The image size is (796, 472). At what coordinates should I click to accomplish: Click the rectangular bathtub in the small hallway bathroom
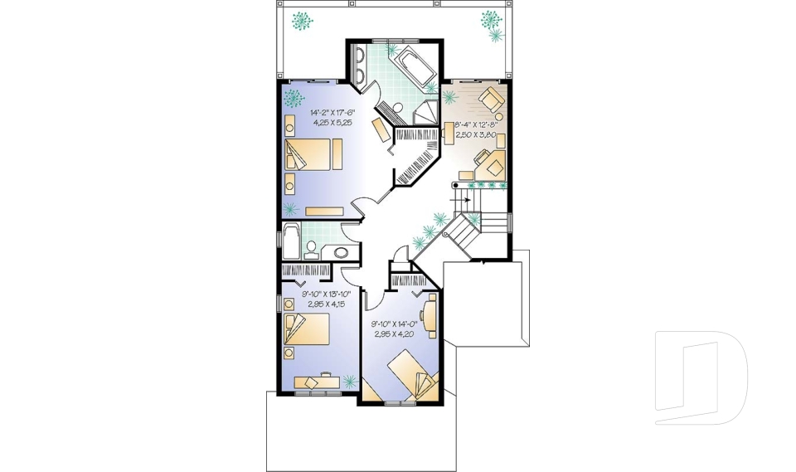[291, 241]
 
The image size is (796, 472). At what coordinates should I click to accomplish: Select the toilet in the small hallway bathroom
[312, 248]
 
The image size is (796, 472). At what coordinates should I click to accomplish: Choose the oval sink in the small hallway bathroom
[340, 252]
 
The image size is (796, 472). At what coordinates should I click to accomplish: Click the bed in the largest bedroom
[314, 155]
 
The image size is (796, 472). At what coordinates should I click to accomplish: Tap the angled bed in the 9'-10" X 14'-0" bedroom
[411, 372]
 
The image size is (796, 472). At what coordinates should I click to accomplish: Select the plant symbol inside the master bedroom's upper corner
[292, 99]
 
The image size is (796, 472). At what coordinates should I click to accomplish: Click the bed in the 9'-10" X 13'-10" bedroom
[307, 331]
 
